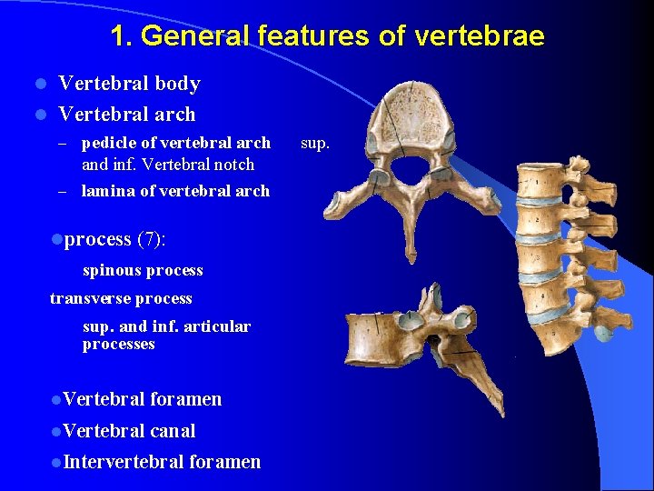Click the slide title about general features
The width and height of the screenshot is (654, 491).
coord(327,36)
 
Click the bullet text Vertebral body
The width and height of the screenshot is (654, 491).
coord(129,84)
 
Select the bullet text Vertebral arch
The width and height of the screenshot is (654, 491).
coord(126,115)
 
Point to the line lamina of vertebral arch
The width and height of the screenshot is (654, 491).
coord(175,191)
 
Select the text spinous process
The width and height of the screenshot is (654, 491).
coord(143,270)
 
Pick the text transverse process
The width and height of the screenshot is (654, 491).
coord(121,298)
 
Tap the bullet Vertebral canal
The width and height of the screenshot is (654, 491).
coord(129,431)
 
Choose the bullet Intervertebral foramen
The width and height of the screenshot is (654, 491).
coord(162,462)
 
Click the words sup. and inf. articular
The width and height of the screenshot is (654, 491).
coord(166,326)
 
